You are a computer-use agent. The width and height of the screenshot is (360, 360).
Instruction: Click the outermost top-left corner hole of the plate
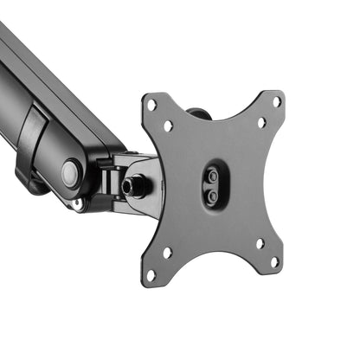151,105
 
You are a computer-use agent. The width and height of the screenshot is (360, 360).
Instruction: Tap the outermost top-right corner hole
277,101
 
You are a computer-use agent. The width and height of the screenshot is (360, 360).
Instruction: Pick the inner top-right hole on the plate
261,122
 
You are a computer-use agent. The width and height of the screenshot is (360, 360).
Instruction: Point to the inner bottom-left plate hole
167,254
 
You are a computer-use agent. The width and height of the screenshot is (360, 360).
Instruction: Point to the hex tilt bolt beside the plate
133,185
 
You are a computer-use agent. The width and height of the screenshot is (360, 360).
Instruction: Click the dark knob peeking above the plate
198,112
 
